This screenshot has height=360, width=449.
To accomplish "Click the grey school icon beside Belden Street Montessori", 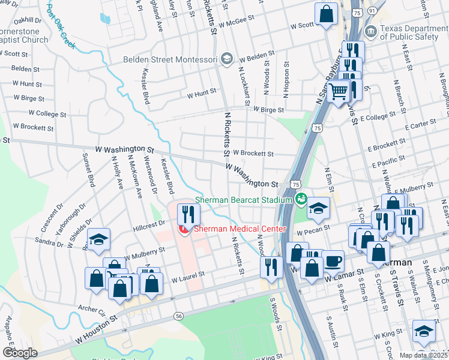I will click(226, 59).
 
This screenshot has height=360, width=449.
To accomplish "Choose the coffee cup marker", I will click(333, 262).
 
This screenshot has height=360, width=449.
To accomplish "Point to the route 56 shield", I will click(178, 316).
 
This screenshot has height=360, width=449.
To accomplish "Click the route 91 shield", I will click(372, 11).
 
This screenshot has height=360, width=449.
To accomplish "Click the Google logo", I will click(20, 353).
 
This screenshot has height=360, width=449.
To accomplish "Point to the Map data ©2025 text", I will click(422, 355).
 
